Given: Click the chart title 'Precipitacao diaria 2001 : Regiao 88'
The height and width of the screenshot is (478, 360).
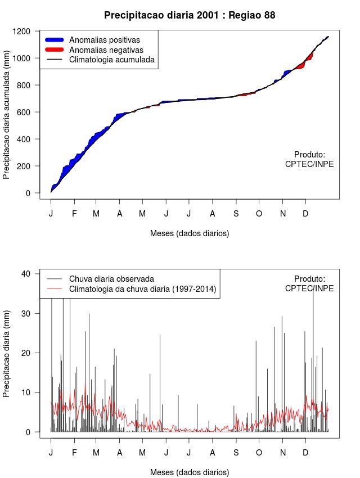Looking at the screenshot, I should coord(190,15).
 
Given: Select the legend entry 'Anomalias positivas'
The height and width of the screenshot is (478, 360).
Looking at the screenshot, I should coord(104,40).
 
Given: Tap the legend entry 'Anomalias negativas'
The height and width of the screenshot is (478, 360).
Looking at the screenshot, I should coord(106,49).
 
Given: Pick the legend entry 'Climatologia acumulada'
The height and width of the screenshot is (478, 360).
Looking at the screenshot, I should coord(111,59).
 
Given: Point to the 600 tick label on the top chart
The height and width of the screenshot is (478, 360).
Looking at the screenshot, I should coord(27,112).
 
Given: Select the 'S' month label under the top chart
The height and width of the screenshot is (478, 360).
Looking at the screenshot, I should coord(236,214).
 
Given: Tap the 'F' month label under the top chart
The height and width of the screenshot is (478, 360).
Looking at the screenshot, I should coord(74,214).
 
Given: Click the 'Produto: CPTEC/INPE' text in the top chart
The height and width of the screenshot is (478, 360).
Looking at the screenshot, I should coord(309,159).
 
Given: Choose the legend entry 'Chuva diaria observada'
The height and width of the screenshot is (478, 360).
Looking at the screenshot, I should coord(111,279).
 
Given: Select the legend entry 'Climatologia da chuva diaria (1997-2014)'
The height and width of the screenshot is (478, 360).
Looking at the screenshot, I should coord(142,289).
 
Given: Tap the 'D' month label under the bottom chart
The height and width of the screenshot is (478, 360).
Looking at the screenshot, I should coord(305,453).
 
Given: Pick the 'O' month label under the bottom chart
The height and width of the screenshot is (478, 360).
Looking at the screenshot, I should coord(259,453).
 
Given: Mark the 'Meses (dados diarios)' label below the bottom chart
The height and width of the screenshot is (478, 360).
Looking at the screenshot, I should coord(190,472).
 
